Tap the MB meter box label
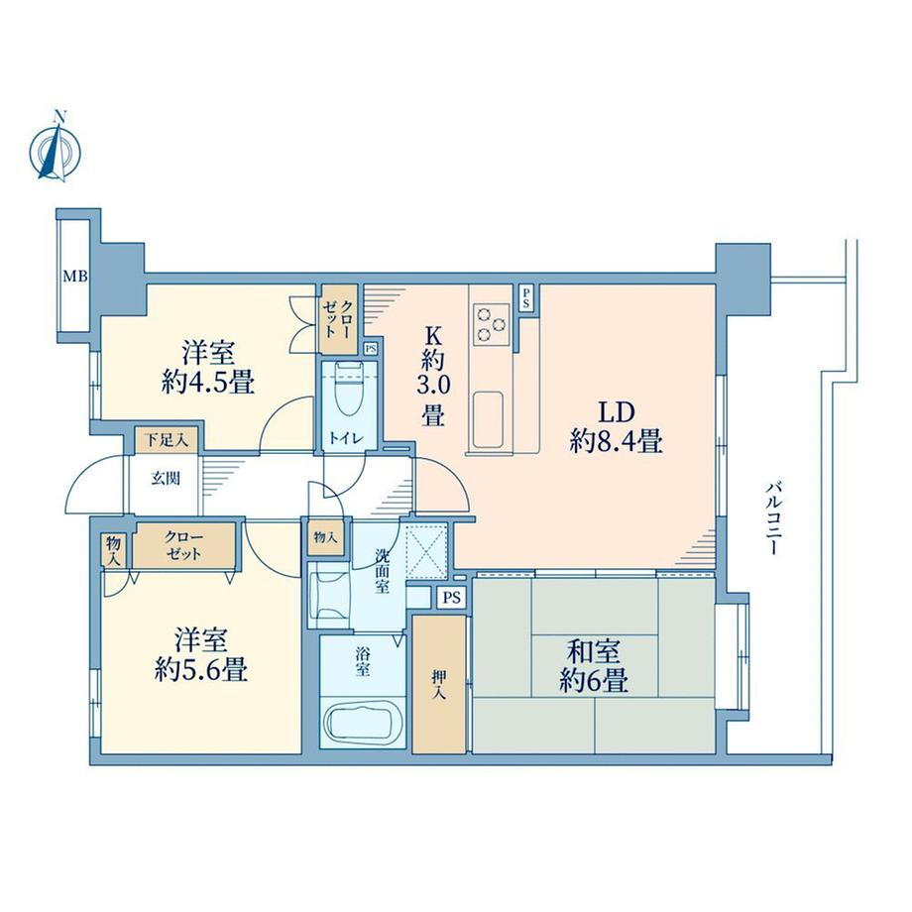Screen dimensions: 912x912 [75, 277]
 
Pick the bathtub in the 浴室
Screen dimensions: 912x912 [362, 723]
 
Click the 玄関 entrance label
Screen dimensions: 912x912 [166, 479]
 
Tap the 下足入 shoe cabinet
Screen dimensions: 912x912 [167, 440]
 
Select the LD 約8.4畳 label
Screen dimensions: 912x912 [616, 427]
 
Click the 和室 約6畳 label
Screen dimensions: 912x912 [594, 666]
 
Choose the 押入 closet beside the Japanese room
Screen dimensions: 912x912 [439, 684]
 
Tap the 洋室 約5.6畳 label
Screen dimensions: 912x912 [201, 654]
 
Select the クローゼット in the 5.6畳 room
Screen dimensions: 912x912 [183, 545]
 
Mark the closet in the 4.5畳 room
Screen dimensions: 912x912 [338, 319]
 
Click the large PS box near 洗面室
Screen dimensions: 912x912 [451, 598]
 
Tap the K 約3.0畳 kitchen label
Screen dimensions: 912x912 [433, 377]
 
